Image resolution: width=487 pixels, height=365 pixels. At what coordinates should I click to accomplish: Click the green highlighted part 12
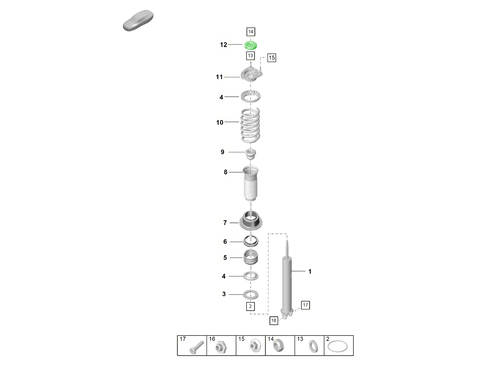click(250, 45)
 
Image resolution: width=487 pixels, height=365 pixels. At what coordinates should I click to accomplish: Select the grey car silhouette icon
click(138, 20)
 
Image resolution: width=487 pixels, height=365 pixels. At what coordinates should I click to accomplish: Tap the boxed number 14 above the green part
click(251, 32)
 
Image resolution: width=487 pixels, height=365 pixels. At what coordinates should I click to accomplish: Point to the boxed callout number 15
click(272, 58)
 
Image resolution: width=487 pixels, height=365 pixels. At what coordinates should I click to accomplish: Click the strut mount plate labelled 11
click(252, 74)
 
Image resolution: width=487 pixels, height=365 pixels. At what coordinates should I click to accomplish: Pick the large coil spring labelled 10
click(250, 125)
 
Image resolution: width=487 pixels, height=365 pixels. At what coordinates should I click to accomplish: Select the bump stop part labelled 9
click(250, 154)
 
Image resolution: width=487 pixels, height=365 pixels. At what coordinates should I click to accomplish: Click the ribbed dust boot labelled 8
click(250, 183)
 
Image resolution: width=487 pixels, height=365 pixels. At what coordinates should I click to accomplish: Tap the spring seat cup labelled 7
click(251, 221)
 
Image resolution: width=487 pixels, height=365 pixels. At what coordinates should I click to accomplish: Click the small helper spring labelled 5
click(251, 257)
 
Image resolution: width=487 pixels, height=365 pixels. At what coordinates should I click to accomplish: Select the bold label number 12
click(224, 45)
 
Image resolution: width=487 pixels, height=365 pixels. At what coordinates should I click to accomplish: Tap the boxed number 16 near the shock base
click(274, 320)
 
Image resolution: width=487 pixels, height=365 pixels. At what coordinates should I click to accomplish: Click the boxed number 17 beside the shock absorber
click(305, 305)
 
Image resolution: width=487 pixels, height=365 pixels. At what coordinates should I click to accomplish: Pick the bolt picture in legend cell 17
click(196, 348)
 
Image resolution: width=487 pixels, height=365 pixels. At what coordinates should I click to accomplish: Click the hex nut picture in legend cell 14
click(278, 346)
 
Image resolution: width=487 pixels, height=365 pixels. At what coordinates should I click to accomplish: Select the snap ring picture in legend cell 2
click(338, 346)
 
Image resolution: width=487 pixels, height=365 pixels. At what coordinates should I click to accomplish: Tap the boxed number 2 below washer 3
click(250, 306)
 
